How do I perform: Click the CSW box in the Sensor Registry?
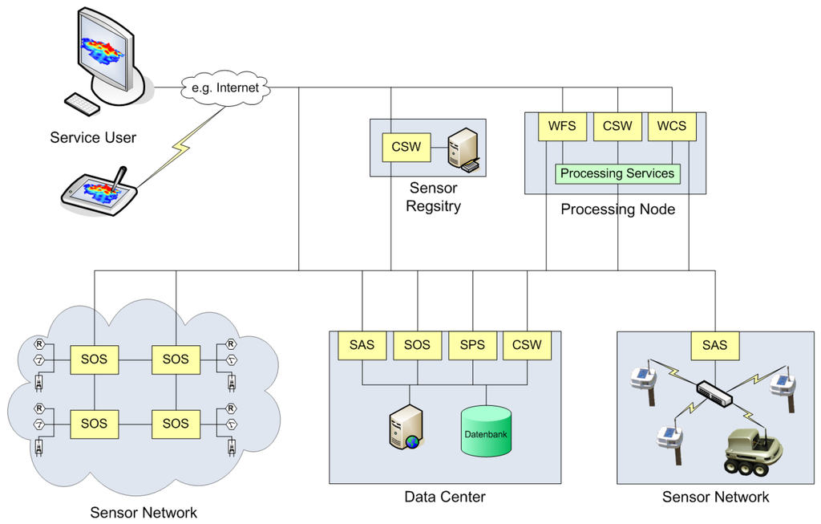(x=405, y=147)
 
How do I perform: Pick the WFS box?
(x=562, y=126)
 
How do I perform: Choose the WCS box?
(x=672, y=126)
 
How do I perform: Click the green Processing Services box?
(x=617, y=173)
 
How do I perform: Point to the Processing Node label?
(x=617, y=209)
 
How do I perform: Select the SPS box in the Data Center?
(x=471, y=345)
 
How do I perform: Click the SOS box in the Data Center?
(x=417, y=345)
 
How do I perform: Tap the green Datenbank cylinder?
(x=486, y=432)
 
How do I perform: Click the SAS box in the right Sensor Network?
(x=714, y=345)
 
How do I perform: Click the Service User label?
(x=93, y=137)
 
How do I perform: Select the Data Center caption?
(x=445, y=497)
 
